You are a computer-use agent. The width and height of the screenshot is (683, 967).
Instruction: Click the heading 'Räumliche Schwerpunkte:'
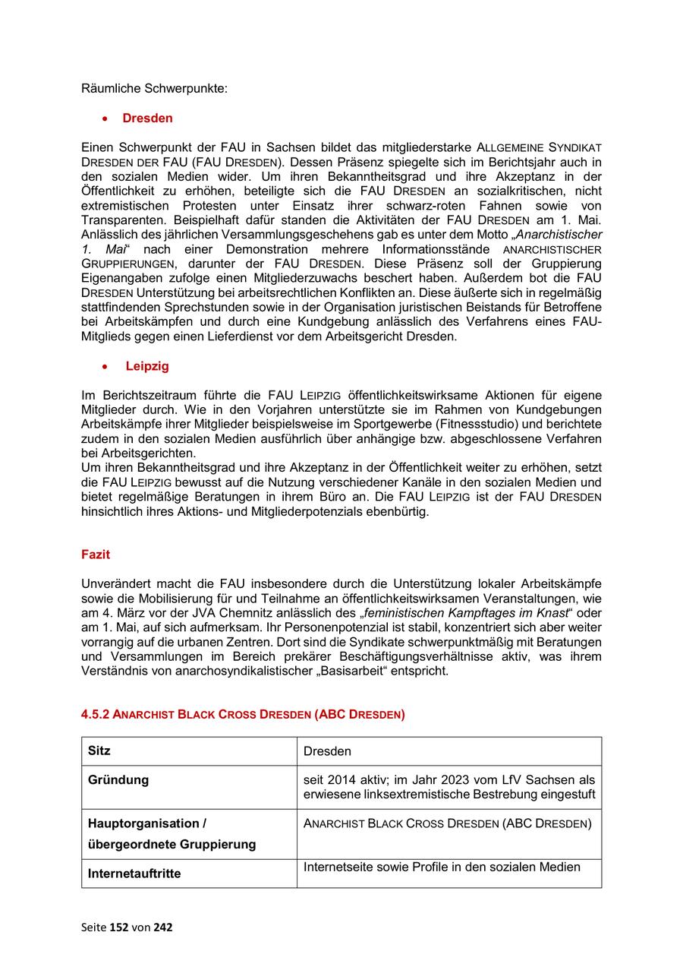pos(154,88)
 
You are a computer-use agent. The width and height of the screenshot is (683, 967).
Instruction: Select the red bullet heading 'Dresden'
pos(147,118)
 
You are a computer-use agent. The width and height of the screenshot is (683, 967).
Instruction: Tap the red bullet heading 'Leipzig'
pos(147,366)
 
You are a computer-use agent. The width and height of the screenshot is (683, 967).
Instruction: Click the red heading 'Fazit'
pos(96,555)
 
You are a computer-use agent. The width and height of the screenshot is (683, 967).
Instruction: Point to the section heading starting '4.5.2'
pos(243,714)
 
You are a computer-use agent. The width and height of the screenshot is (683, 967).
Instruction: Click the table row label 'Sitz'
pos(99,751)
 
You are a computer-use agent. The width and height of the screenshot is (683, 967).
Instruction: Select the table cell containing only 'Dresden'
pos(327,751)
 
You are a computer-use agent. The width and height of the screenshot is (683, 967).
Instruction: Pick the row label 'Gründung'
pos(118,779)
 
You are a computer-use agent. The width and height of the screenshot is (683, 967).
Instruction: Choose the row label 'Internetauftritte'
pos(134,874)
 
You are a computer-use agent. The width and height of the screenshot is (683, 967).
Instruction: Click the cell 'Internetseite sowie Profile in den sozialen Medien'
pos(442,867)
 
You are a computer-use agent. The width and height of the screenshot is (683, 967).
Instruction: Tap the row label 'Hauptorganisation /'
pos(147,823)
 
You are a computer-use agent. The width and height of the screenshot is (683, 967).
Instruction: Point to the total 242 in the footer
pos(162,927)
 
